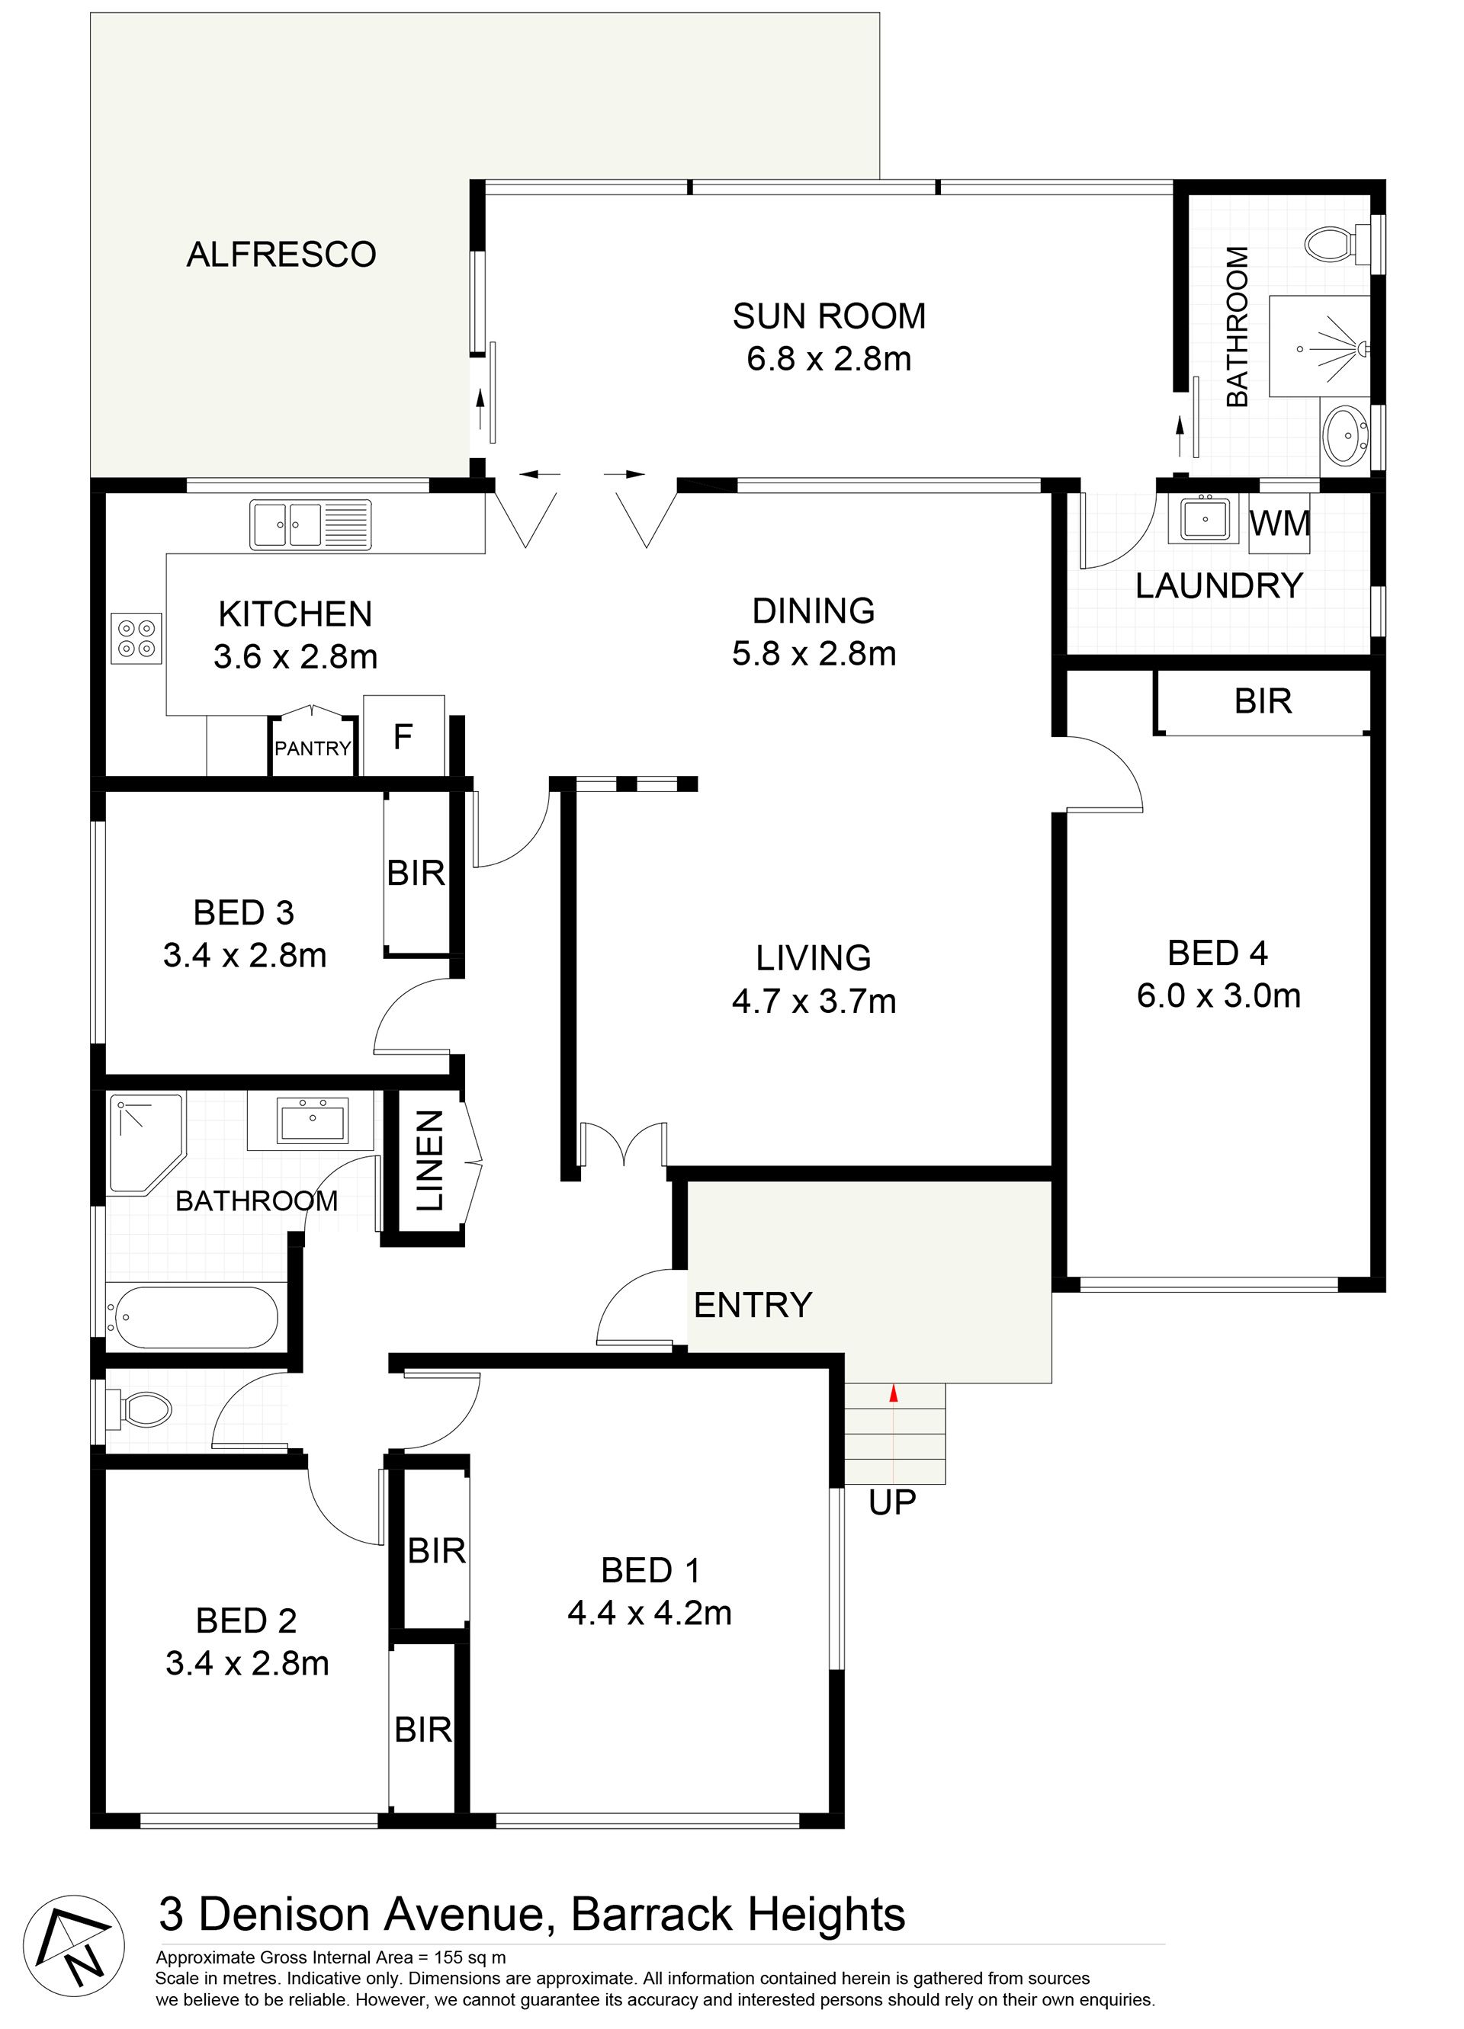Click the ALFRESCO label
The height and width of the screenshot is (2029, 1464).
(281, 255)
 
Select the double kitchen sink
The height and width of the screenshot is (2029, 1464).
(310, 524)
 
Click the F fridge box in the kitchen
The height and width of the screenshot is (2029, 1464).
(403, 736)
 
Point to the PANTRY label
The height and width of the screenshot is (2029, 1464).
(313, 748)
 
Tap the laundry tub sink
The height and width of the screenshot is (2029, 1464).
(1205, 518)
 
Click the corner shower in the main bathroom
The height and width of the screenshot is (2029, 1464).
(146, 1143)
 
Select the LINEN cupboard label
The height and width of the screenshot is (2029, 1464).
(430, 1160)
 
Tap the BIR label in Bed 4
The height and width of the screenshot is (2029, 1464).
(1263, 701)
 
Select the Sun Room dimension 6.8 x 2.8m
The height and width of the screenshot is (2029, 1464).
(829, 359)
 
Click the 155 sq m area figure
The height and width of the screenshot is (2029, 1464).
(470, 1957)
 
